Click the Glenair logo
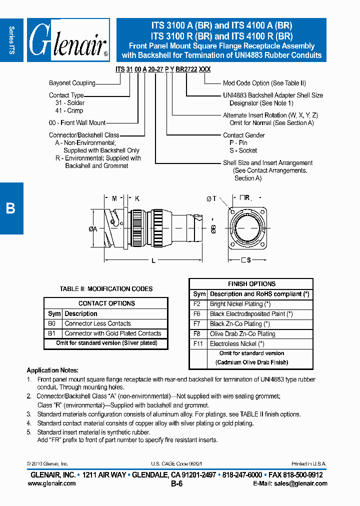tap(68, 40)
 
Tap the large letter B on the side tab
tap(10, 208)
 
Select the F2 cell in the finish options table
tap(197, 304)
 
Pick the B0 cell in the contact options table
tap(52, 323)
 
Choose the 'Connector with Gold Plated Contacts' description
tap(113, 333)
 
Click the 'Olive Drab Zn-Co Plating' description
tap(242, 334)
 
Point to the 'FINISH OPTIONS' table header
tap(251, 284)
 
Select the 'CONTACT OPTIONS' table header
tap(106, 303)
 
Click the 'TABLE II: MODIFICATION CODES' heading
tap(106, 289)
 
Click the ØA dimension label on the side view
tap(93, 228)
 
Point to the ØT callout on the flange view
tap(211, 198)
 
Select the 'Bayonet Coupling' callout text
tap(72, 83)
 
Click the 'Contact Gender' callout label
tap(244, 135)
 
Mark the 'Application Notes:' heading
tap(52, 370)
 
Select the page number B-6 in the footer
tap(177, 484)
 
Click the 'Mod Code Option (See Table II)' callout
tap(264, 83)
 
